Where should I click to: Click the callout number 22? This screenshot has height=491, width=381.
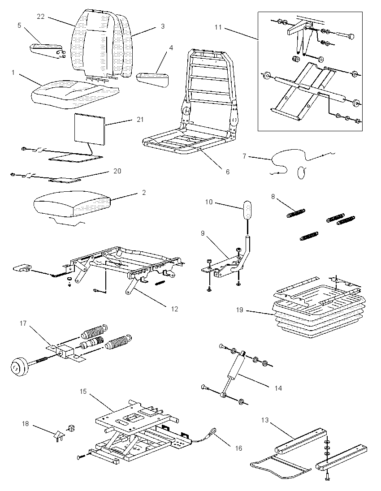pyautogui.click(x=41, y=17)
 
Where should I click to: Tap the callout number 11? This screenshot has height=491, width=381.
pyautogui.click(x=218, y=27)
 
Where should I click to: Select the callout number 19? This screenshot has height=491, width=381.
pyautogui.click(x=240, y=310)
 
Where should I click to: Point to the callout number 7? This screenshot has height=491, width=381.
pyautogui.click(x=244, y=155)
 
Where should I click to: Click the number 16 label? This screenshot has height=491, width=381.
pyautogui.click(x=238, y=448)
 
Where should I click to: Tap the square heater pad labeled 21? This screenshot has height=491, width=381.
pyautogui.click(x=89, y=129)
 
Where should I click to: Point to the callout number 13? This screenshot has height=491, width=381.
pyautogui.click(x=265, y=420)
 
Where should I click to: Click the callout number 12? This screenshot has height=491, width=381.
pyautogui.click(x=174, y=309)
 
